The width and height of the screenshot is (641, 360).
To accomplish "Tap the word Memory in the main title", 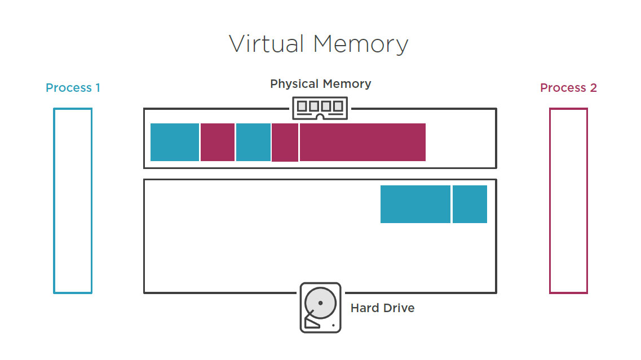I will click(360, 44).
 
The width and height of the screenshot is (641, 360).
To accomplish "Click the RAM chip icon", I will click(320, 108).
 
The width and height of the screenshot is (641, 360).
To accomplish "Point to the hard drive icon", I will click(320, 308).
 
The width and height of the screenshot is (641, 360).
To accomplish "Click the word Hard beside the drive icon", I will click(364, 308).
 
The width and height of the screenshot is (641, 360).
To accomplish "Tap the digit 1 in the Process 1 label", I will click(97, 88).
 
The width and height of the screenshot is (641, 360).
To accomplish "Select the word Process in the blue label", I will click(68, 88).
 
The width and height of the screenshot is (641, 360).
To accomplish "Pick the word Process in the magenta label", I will click(563, 88).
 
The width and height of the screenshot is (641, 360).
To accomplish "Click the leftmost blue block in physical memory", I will click(175, 142).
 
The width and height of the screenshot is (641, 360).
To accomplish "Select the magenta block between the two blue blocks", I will click(218, 142).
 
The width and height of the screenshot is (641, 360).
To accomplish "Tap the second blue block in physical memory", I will click(253, 142).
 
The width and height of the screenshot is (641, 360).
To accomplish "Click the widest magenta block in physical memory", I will click(363, 142).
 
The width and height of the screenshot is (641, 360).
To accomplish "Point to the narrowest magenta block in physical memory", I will click(285, 142).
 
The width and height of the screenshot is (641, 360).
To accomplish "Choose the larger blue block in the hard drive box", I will click(415, 204).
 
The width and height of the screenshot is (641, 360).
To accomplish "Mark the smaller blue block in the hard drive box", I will click(470, 204).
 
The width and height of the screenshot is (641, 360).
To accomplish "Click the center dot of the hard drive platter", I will click(320, 303).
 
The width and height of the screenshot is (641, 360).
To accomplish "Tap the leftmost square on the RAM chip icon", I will click(302, 106).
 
